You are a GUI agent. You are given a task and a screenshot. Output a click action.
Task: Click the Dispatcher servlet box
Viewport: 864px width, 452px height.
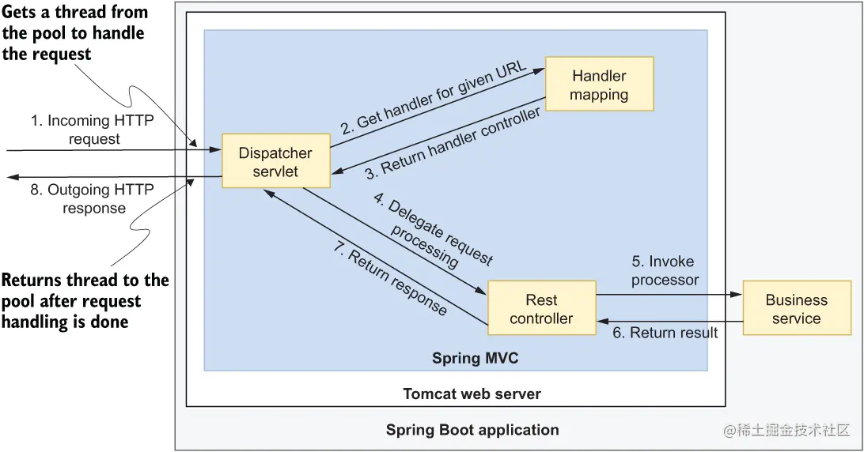pos(275,162)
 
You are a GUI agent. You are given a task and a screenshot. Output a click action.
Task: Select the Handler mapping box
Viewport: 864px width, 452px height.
pos(600,85)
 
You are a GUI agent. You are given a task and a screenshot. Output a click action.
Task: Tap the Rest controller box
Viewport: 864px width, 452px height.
pos(541,309)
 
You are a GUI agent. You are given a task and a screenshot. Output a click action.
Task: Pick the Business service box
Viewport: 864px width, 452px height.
pos(796,309)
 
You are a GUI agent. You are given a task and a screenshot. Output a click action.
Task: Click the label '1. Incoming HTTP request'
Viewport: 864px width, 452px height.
pos(93,130)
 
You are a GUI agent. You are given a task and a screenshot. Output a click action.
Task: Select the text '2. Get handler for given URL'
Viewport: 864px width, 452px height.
pos(434,96)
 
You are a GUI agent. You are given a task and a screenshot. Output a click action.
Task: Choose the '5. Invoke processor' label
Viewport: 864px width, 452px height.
pos(665,270)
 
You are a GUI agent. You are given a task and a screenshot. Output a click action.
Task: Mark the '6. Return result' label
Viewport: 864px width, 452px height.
pos(665,333)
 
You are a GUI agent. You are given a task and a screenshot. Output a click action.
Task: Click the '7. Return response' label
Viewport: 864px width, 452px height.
pos(388,279)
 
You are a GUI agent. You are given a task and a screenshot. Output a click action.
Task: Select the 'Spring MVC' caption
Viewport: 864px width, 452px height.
pos(475,358)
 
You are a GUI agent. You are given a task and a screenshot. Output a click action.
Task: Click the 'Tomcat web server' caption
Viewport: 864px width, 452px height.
pos(472,394)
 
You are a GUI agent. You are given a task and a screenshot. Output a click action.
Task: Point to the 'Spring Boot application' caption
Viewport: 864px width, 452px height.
pos(472,430)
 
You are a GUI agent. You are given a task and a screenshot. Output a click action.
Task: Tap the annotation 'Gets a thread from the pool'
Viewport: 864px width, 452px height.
pos(74,33)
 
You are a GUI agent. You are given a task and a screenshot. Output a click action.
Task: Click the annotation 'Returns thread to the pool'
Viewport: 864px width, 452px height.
pos(84,301)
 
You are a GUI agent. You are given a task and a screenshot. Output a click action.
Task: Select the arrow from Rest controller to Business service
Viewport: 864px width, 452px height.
pos(669,294)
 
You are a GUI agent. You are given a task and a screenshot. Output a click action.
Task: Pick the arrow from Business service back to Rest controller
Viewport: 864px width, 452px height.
pos(669,321)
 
